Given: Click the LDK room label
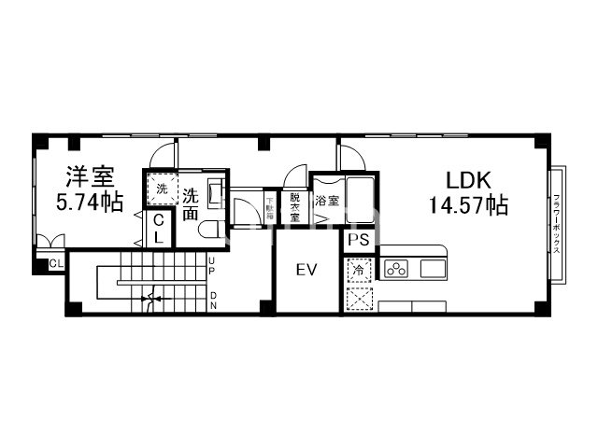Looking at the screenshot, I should pos(468,180).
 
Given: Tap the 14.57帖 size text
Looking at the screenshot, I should pos(468,204).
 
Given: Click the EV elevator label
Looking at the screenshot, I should pos(306,271).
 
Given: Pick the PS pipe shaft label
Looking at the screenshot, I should pos(359,241).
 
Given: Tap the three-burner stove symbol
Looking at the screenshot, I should pos(395,270).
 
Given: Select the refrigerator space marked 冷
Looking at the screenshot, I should pos(359,270).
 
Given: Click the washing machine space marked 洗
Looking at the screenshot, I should pos(163,189).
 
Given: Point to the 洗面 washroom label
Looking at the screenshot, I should pos(191,203).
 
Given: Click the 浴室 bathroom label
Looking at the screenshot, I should pos(326,200).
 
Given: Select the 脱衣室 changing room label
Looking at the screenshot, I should pos(294,204).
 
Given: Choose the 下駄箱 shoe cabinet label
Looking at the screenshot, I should pos(269,205).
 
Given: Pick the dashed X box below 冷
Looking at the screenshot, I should pos(359,301).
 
